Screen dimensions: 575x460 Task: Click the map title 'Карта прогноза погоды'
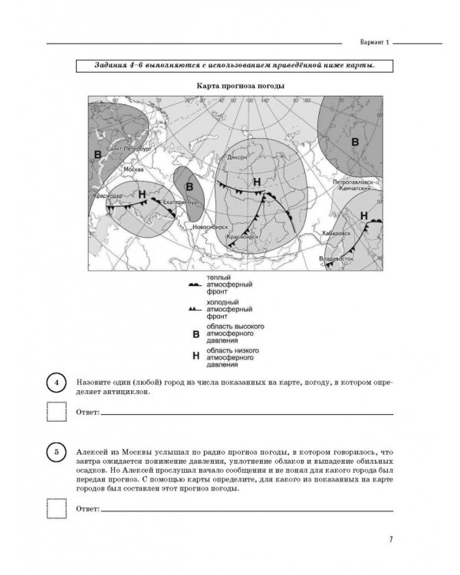(230, 86)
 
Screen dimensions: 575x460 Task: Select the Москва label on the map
(133, 169)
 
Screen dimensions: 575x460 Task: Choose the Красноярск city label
(243, 238)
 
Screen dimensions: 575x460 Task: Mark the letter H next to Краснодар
(141, 194)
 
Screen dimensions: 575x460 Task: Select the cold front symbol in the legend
(193, 309)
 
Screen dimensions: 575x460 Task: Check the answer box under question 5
(57, 508)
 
